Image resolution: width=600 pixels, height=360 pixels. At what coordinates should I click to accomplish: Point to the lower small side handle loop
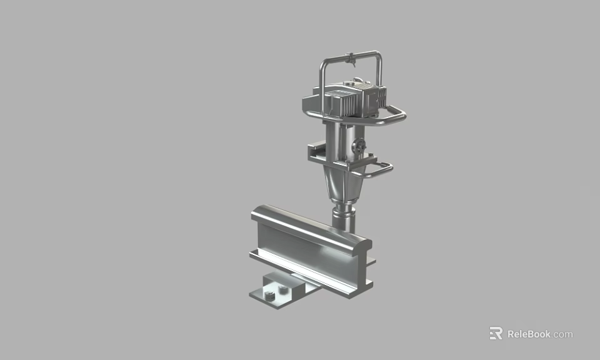[x=381, y=169]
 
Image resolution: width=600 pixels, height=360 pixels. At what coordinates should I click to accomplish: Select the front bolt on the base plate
[x=269, y=296]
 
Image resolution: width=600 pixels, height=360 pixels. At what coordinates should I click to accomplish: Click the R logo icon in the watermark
[x=496, y=333]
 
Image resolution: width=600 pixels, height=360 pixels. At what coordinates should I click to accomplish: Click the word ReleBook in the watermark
[x=528, y=334]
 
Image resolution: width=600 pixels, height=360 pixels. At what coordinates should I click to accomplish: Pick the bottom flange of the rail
[x=312, y=275]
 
